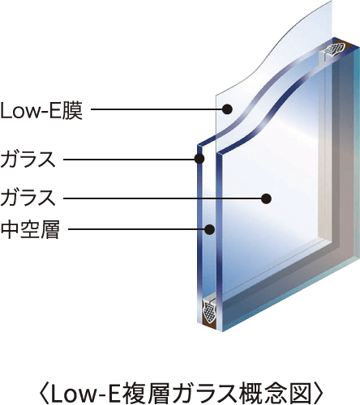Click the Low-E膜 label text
[x=41, y=111]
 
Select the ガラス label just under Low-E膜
[x=28, y=160]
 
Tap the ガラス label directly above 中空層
[x=28, y=198]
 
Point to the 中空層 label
[x=30, y=230]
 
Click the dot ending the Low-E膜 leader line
[x=227, y=109]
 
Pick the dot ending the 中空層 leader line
[x=210, y=230]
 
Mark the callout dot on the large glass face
[x=266, y=199]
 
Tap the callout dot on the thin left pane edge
[x=199, y=159]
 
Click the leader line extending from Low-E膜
[x=156, y=109]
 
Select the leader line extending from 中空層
[x=136, y=230]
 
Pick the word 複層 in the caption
[x=142, y=394]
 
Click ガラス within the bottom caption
[x=207, y=394]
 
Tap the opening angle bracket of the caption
[x=45, y=394]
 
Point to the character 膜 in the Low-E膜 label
[x=72, y=111]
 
